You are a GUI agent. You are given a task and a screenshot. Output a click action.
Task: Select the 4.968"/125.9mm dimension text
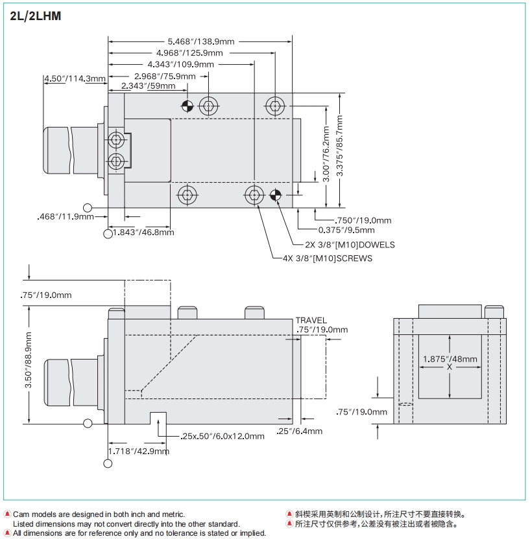tap(189, 52)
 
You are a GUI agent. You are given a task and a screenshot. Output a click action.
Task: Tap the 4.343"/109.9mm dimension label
tap(181, 64)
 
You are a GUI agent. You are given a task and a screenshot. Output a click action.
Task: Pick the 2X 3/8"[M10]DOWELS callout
tap(350, 245)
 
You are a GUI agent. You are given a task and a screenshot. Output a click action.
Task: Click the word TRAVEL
tap(311, 320)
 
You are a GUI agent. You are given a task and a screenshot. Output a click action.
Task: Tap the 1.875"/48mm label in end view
tap(450, 359)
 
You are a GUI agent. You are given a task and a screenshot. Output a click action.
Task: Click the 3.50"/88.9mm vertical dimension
tap(29, 360)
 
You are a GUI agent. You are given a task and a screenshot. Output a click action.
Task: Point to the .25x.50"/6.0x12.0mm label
tap(223, 436)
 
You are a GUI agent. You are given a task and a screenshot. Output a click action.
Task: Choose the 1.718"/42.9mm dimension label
tap(138, 451)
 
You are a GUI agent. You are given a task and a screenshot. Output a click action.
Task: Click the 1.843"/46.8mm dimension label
tap(143, 232)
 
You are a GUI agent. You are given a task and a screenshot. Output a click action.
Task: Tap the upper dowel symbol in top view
tap(187, 105)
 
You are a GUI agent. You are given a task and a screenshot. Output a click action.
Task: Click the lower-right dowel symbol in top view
tap(275, 195)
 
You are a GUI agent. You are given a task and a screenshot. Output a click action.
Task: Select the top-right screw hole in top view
tap(275, 106)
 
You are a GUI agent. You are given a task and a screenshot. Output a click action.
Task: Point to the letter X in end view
tap(450, 367)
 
